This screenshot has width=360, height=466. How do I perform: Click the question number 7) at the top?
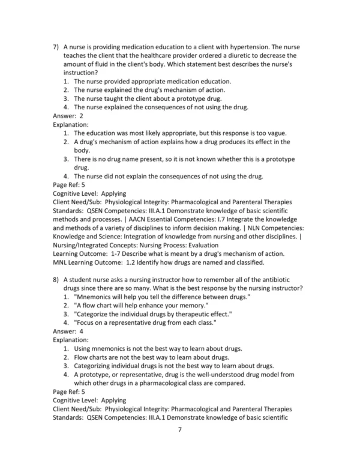coord(56,47)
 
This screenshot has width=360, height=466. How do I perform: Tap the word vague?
coord(274,133)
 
